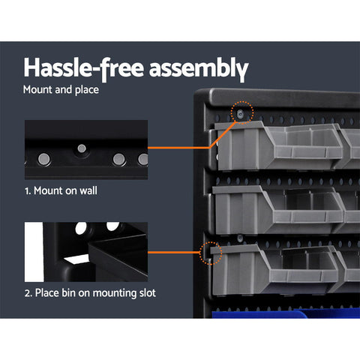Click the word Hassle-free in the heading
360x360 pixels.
coord(82,68)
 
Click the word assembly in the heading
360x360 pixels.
coord(196,68)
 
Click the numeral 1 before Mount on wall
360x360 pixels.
coord(27,190)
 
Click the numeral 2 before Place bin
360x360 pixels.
coord(27,292)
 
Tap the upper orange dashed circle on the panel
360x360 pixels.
coord(240,112)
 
